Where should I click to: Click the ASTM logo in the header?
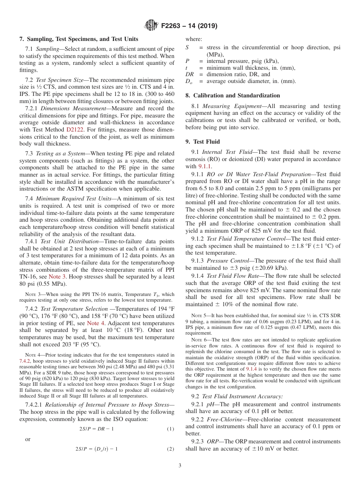coord(151,26)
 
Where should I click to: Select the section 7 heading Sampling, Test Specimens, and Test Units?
coord(79,39)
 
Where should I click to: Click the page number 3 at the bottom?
coord(180,465)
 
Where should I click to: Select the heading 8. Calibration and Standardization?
coord(233,95)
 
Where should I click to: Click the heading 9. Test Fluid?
coord(202,142)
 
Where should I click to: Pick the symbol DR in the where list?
coord(189,74)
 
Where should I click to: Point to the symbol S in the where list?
coord(187,47)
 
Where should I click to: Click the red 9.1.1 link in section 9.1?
coord(205,166)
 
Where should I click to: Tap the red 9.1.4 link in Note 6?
coord(252,368)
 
